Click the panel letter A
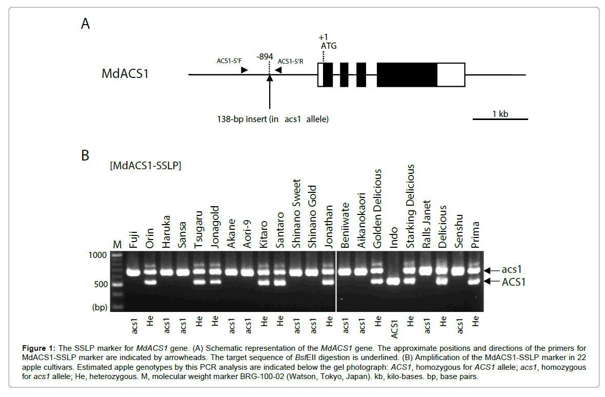pyautogui.click(x=86, y=24)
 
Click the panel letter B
pyautogui.click(x=86, y=155)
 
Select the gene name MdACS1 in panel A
pyautogui.click(x=125, y=73)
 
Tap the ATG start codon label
pyautogui.click(x=329, y=46)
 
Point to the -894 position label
pyautogui.click(x=265, y=56)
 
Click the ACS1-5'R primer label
pyautogui.click(x=291, y=61)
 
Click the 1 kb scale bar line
pyautogui.click(x=499, y=120)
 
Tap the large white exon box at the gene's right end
pyautogui.click(x=451, y=75)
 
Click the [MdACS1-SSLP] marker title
pyautogui.click(x=145, y=166)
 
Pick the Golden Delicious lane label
pyautogui.click(x=378, y=209)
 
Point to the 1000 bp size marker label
pyautogui.click(x=97, y=255)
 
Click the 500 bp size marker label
pyautogui.click(x=99, y=284)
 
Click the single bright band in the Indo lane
pyautogui.click(x=394, y=281)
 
